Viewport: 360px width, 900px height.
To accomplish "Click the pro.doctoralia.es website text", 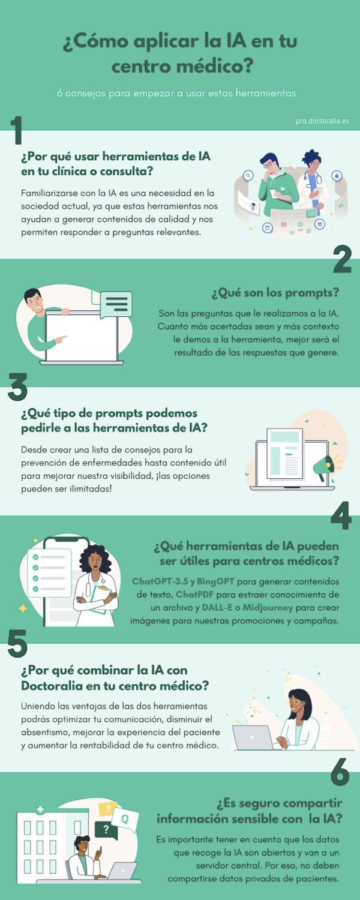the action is click(x=322, y=121).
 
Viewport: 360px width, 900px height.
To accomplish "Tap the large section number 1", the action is click(x=16, y=130).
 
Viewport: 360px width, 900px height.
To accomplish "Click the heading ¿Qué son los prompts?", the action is click(x=275, y=293).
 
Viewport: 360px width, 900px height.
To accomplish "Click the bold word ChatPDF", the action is click(x=195, y=595).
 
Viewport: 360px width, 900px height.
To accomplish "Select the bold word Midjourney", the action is click(x=268, y=607).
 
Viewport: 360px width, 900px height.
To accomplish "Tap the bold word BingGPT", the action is click(x=216, y=581).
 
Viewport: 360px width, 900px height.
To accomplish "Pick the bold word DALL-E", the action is click(x=217, y=607).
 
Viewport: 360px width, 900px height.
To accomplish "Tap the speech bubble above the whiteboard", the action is click(x=116, y=304).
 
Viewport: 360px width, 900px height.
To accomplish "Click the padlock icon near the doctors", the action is click(x=337, y=176).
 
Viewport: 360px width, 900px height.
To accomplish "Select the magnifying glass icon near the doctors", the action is click(x=248, y=175).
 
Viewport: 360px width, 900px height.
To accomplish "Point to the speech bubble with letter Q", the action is click(x=125, y=818).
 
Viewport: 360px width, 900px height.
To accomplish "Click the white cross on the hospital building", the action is click(x=40, y=810).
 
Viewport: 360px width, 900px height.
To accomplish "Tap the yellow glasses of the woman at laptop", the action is click(x=296, y=702).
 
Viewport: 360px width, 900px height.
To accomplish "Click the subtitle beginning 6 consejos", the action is click(x=176, y=93).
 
